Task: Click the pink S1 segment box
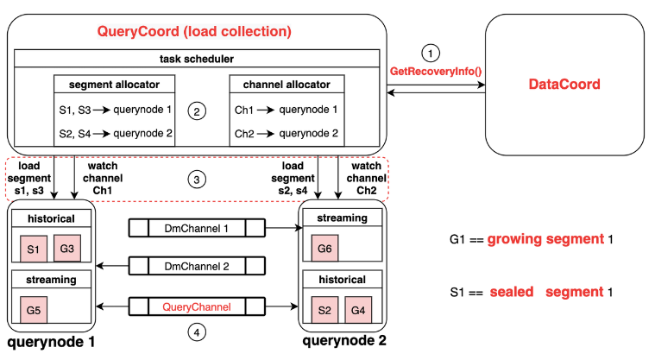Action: click(x=35, y=249)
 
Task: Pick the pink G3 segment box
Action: click(x=66, y=249)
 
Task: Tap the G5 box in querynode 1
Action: click(x=35, y=309)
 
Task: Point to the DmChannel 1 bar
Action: click(x=196, y=228)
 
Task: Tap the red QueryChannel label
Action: click(x=196, y=305)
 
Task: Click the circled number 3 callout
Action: click(x=198, y=180)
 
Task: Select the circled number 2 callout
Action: click(x=198, y=111)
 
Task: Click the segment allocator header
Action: click(x=115, y=84)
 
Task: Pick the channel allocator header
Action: click(x=286, y=84)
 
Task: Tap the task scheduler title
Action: click(x=198, y=58)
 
